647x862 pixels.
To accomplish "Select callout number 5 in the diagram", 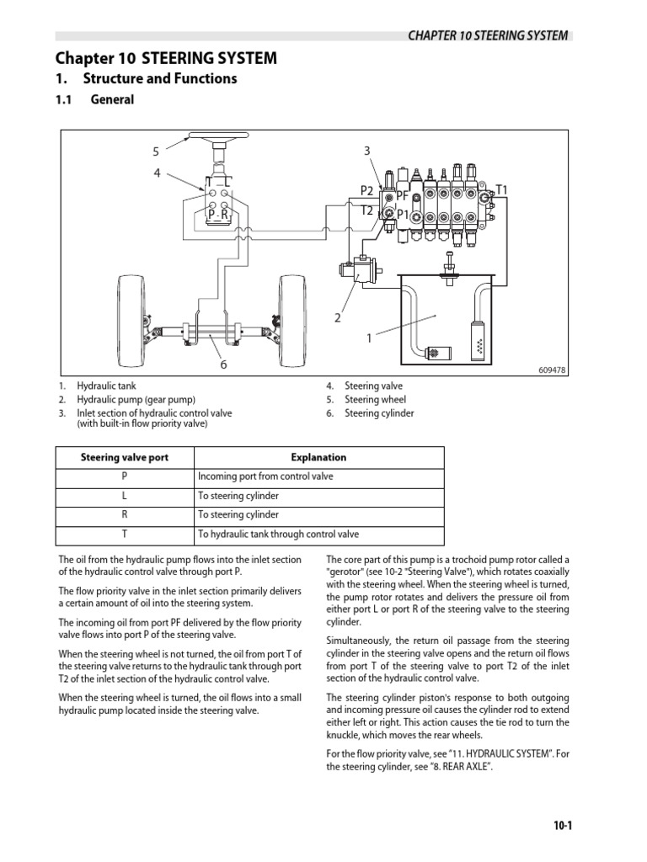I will (156, 152).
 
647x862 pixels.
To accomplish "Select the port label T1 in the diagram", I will (501, 190).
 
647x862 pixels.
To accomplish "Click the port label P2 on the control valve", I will (366, 190).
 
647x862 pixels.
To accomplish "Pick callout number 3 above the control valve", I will (366, 152).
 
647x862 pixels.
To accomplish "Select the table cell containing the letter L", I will (125, 496).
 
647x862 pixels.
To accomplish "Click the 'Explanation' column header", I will (318, 458).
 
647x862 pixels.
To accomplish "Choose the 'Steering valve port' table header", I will (125, 458).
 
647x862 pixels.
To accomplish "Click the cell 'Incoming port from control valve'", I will (265, 476).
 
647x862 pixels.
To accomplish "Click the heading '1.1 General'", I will (95, 100).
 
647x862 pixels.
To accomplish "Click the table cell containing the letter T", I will (125, 534).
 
